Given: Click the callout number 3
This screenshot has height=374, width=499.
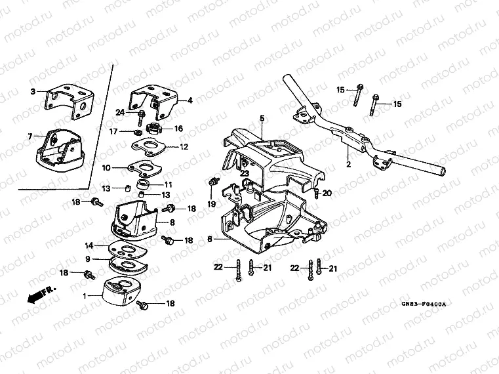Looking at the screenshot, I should coord(33,93).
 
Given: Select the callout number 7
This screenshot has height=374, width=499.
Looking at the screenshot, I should coord(30,136).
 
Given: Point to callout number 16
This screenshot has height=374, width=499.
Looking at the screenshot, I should coord(178,129).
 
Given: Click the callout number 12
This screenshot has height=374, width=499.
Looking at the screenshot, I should coord(184,146).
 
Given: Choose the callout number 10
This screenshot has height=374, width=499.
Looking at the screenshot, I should coord(106,168).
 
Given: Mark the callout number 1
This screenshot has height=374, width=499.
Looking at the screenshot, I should coord(84,297).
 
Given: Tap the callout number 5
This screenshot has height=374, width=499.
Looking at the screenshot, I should coord(261,118).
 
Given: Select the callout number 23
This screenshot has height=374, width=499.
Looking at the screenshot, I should coord(244,174).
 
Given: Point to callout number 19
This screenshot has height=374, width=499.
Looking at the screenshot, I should coord(212,205).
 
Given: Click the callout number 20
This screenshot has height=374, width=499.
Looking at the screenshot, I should coord(327,192).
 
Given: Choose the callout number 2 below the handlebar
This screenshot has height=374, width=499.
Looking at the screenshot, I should coord(348,165).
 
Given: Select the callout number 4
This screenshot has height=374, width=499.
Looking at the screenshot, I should coord(190,100).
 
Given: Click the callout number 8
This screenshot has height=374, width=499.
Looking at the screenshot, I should coord(172,224).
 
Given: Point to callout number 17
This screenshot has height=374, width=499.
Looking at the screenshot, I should coord(111,131).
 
